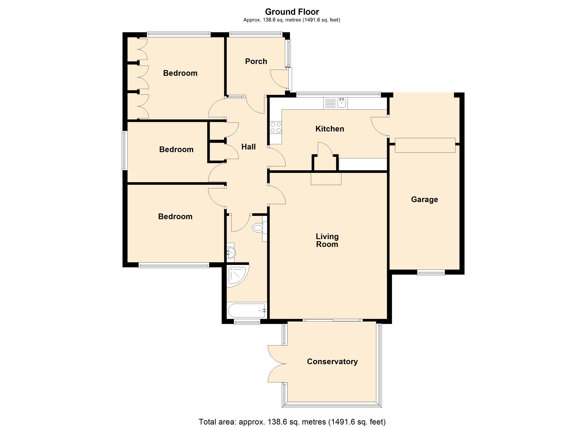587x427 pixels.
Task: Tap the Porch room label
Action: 256,61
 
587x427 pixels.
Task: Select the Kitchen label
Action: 330,129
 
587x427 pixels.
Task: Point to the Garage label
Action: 424,199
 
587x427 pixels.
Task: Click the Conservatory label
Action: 332,362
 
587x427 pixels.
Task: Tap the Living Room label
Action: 327,240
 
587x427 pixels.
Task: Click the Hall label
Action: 248,147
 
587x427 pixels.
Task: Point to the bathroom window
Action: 247,322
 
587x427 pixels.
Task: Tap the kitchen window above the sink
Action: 339,94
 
